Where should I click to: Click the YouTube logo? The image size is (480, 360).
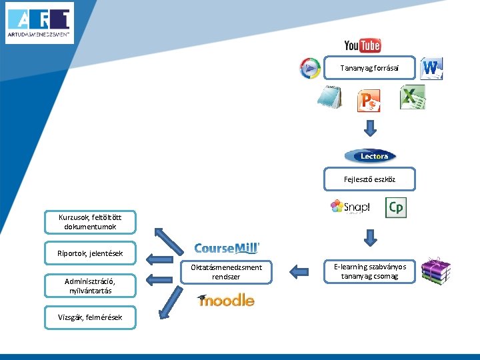click(x=362, y=45)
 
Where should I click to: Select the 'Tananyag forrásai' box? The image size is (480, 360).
click(x=369, y=67)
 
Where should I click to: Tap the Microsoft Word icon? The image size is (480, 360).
click(x=431, y=68)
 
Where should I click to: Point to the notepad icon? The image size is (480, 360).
click(x=329, y=98)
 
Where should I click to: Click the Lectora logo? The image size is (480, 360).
click(x=370, y=156)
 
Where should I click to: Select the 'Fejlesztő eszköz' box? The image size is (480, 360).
click(x=369, y=179)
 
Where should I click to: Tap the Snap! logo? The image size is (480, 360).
click(x=350, y=207)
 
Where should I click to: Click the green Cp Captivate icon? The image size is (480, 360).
click(x=395, y=207)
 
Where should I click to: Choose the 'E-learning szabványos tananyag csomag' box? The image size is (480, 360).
click(x=369, y=271)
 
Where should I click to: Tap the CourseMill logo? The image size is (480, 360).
click(x=227, y=249)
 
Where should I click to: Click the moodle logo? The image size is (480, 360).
click(x=226, y=300)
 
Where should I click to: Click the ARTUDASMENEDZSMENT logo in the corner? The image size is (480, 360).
click(x=40, y=23)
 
